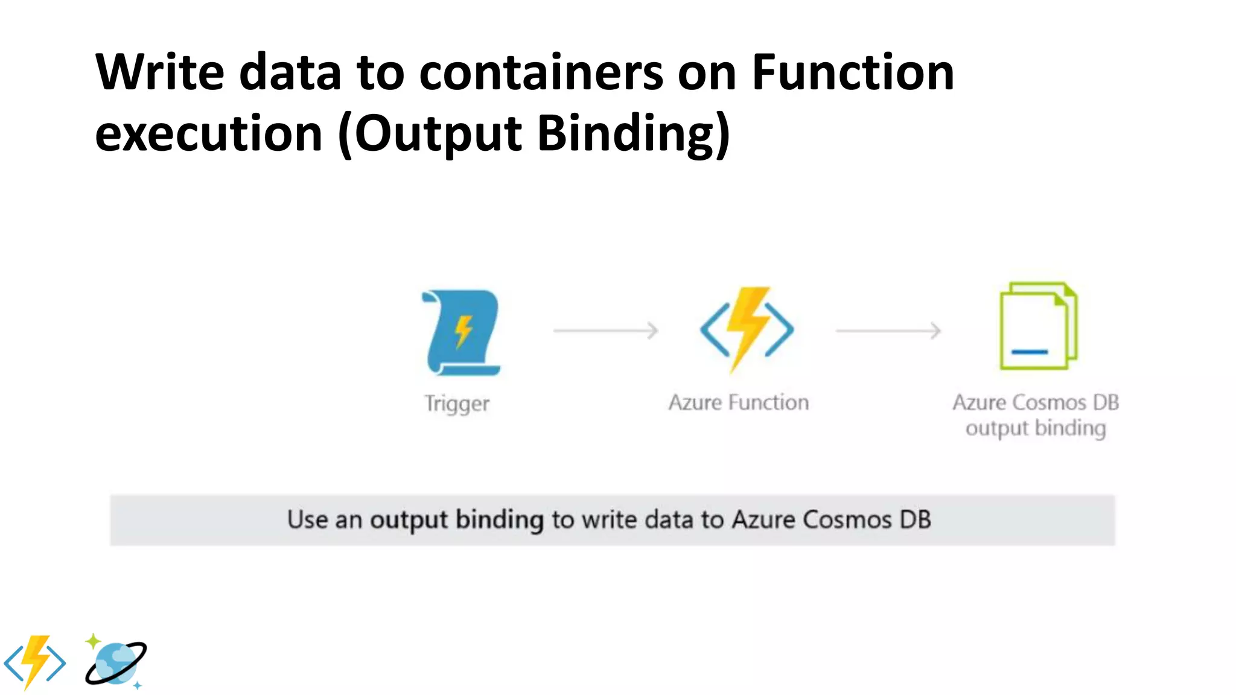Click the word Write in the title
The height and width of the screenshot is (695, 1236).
tap(159, 72)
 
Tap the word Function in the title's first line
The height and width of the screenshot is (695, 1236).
tap(852, 72)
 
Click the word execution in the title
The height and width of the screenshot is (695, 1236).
tap(209, 133)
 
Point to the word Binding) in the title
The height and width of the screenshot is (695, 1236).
tap(634, 133)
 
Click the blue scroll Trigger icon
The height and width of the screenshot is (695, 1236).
tap(462, 332)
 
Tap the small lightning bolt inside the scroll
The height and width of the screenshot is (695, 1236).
tap(463, 331)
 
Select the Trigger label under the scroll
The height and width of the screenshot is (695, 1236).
tap(457, 403)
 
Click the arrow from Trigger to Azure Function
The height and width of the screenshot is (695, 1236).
tap(605, 331)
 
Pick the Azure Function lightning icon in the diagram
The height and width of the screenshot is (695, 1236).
tap(747, 329)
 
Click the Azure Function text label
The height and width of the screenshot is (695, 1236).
tap(738, 402)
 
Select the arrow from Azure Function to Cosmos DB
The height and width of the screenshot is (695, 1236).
tap(888, 331)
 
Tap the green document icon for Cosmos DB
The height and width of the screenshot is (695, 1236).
tap(1037, 326)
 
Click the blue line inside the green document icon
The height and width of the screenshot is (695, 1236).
tap(1030, 352)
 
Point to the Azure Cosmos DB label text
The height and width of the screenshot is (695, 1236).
tap(1036, 402)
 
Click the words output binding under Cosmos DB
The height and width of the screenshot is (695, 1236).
tap(1036, 428)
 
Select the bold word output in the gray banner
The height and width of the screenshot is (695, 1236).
tap(409, 520)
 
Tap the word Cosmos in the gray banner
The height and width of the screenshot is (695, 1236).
tap(847, 520)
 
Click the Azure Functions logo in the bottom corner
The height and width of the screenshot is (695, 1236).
tap(35, 662)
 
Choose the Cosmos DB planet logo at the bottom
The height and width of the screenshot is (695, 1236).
tap(116, 662)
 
